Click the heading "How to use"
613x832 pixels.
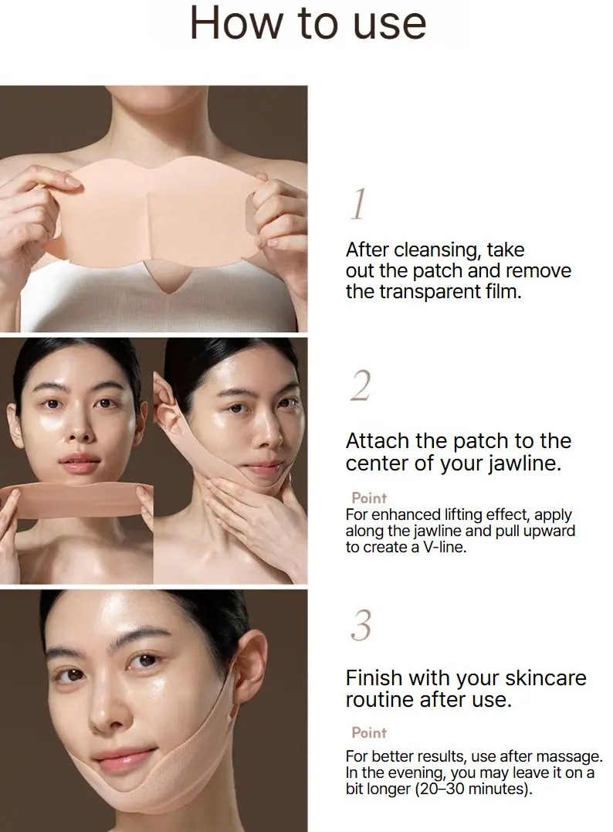(x=307, y=23)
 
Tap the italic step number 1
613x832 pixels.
(x=359, y=204)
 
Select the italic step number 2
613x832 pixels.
(x=361, y=385)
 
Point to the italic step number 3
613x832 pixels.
(x=361, y=625)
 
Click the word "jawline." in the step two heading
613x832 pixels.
(x=524, y=464)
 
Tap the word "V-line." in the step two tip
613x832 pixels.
(x=445, y=547)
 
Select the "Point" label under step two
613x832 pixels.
(x=369, y=498)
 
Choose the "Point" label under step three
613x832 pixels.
(x=369, y=732)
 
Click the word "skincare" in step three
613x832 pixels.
(x=545, y=677)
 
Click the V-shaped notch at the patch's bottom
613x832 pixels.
(x=168, y=279)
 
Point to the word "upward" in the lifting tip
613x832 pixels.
(x=550, y=531)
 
